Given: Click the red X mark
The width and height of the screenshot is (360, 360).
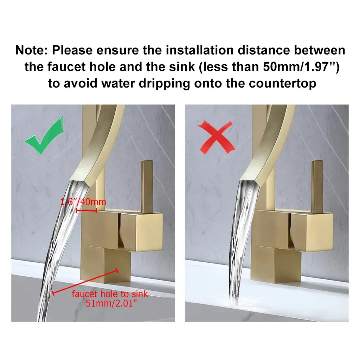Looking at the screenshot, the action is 216,138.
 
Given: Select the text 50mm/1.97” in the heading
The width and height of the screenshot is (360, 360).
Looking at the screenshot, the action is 298,67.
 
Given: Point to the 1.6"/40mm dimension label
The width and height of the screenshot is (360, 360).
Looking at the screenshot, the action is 83,202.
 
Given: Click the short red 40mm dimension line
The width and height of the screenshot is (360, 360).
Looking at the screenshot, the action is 86,210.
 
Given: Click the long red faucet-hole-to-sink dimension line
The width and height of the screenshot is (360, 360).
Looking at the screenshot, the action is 85,282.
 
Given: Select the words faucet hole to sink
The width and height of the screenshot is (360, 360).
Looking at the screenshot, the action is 110,294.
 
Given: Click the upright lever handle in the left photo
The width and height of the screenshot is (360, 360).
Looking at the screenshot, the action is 147,187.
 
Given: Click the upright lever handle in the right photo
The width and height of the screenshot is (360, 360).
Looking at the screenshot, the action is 317,187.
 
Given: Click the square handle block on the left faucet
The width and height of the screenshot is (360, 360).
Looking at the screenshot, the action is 141,232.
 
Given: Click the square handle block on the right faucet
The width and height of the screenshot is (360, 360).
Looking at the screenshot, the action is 311,232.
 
